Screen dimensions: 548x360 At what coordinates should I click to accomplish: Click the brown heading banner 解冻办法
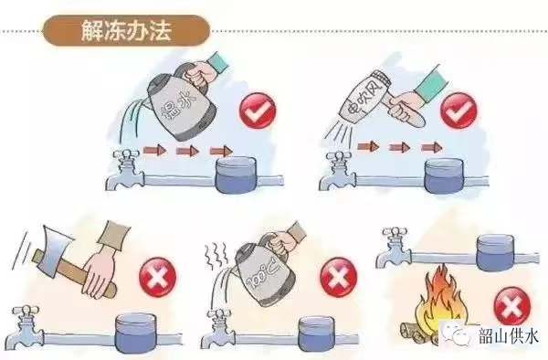[126, 30]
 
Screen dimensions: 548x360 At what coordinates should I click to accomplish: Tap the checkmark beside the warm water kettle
[258, 110]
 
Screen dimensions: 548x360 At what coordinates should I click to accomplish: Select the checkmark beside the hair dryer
[458, 110]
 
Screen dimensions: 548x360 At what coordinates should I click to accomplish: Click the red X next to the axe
[157, 278]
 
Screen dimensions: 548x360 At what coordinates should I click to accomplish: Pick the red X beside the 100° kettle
[338, 278]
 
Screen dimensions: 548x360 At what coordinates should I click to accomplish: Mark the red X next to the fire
[512, 306]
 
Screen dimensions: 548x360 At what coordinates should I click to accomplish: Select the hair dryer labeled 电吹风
[365, 97]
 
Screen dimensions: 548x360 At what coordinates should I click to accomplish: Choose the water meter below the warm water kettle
[237, 175]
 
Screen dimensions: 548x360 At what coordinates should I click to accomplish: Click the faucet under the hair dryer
[337, 171]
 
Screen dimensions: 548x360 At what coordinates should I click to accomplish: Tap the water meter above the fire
[496, 252]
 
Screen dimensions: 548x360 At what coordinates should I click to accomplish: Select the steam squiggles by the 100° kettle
[216, 258]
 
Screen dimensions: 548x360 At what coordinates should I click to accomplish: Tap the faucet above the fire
[394, 248]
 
